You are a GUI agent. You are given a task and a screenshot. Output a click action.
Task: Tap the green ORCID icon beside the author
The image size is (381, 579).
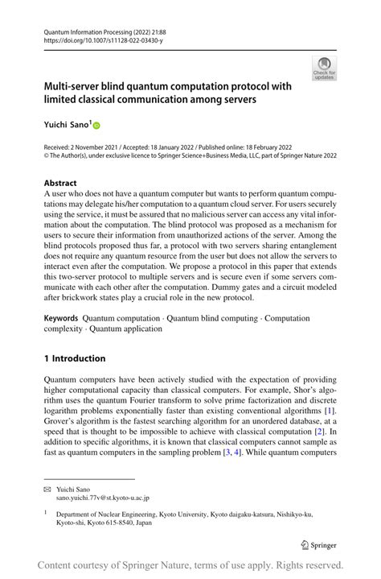click(x=97, y=126)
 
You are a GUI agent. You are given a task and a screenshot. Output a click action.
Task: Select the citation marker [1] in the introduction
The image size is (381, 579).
click(x=330, y=412)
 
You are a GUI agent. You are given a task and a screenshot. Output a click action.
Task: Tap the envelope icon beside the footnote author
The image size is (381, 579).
click(x=47, y=489)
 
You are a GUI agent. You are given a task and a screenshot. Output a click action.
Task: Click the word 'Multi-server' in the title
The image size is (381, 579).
click(x=76, y=85)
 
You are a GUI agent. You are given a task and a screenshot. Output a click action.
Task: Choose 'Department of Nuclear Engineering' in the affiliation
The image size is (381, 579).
click(x=104, y=512)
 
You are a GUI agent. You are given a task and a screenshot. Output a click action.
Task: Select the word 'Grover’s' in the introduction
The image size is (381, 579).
click(x=61, y=423)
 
